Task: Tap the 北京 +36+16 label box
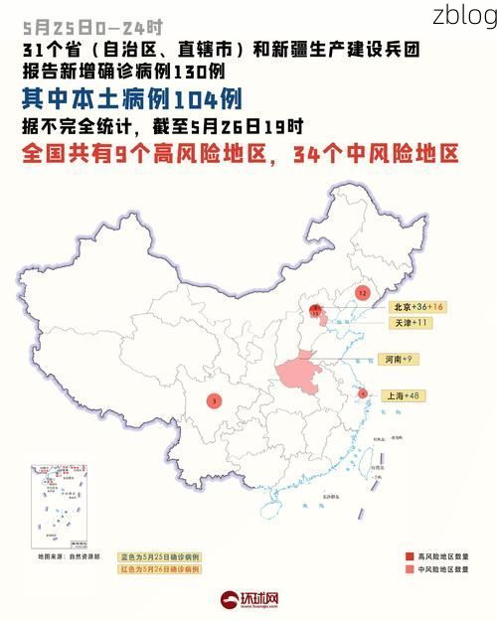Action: (x=416, y=307)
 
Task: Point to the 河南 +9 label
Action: (x=396, y=359)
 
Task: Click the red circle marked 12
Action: (x=362, y=293)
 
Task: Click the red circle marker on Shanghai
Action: (x=363, y=393)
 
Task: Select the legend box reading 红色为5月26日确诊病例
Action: (x=160, y=570)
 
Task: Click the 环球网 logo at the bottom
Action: (x=249, y=599)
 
